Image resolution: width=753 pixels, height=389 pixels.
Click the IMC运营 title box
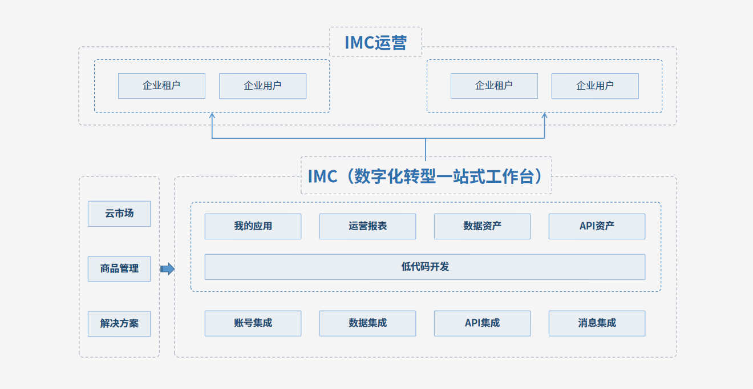point(375,42)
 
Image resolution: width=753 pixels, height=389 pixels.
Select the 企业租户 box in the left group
point(161,86)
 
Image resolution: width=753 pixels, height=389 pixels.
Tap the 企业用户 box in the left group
point(262,86)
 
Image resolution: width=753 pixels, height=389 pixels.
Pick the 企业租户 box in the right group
point(494,86)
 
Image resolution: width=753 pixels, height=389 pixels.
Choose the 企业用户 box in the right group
point(595,86)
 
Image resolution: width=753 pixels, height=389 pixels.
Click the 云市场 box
point(119,214)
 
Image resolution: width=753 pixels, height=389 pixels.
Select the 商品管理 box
point(119,268)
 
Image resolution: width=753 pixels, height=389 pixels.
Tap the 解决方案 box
point(119,324)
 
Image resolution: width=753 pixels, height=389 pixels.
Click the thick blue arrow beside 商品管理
point(167,269)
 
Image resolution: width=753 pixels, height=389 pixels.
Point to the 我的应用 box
point(253,226)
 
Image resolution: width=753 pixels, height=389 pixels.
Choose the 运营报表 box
point(368,226)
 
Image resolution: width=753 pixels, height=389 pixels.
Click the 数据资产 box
point(483,226)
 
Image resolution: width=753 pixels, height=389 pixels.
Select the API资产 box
point(597,226)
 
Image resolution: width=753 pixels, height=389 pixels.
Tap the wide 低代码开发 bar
point(425,267)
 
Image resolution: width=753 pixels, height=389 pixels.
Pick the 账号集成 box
point(253,323)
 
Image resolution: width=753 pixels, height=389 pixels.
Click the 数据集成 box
point(368,323)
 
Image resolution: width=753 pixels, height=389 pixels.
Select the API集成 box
point(483,323)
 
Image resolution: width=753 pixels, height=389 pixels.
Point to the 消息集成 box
point(597,323)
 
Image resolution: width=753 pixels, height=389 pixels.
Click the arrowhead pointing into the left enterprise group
point(212,115)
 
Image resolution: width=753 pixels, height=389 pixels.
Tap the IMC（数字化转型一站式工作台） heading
point(426,176)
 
